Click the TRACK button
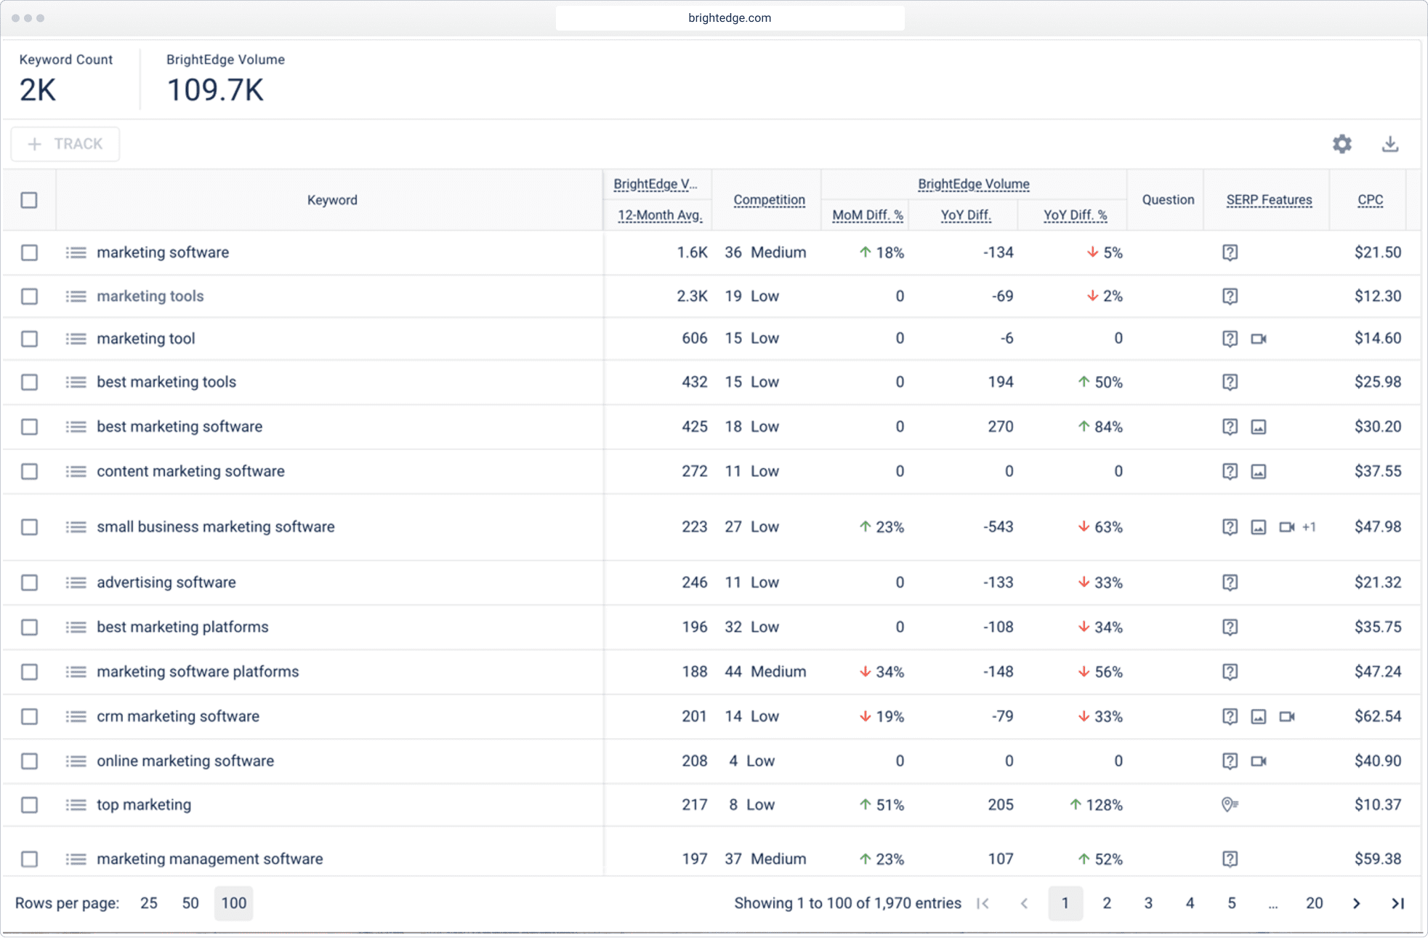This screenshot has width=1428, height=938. click(65, 144)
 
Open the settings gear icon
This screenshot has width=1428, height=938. click(1342, 144)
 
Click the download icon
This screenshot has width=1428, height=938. click(1389, 144)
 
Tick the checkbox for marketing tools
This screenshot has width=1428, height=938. click(29, 296)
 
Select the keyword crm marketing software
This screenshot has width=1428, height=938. click(177, 716)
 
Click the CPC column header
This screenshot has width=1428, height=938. click(1370, 200)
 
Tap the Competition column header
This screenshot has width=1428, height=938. click(769, 200)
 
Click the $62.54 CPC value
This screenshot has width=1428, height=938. click(1377, 716)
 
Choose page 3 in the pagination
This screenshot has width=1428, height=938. click(1148, 903)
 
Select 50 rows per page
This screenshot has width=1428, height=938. click(190, 903)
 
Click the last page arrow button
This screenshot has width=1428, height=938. click(1397, 903)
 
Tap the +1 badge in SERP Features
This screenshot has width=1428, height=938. click(1309, 527)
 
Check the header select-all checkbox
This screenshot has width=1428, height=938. click(29, 200)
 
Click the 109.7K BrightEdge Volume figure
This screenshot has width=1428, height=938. click(215, 90)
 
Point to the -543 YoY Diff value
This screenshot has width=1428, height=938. click(998, 527)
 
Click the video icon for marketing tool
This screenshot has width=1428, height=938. click(1259, 339)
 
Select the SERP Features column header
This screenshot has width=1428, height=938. click(1269, 200)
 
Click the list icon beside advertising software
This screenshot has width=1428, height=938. click(76, 582)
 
